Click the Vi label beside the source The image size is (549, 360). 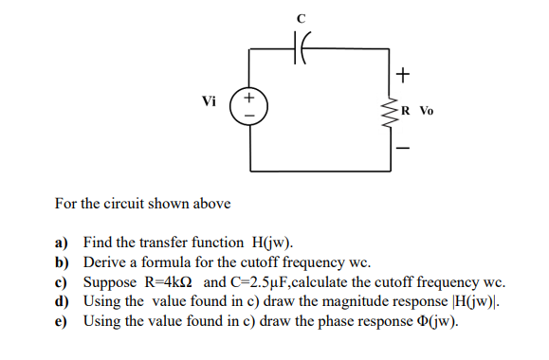pos(210,101)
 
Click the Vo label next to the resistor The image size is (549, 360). pos(424,110)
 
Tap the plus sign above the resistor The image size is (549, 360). pos(405,73)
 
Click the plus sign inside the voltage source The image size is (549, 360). pos(249,97)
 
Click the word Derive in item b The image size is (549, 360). pos(105,262)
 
